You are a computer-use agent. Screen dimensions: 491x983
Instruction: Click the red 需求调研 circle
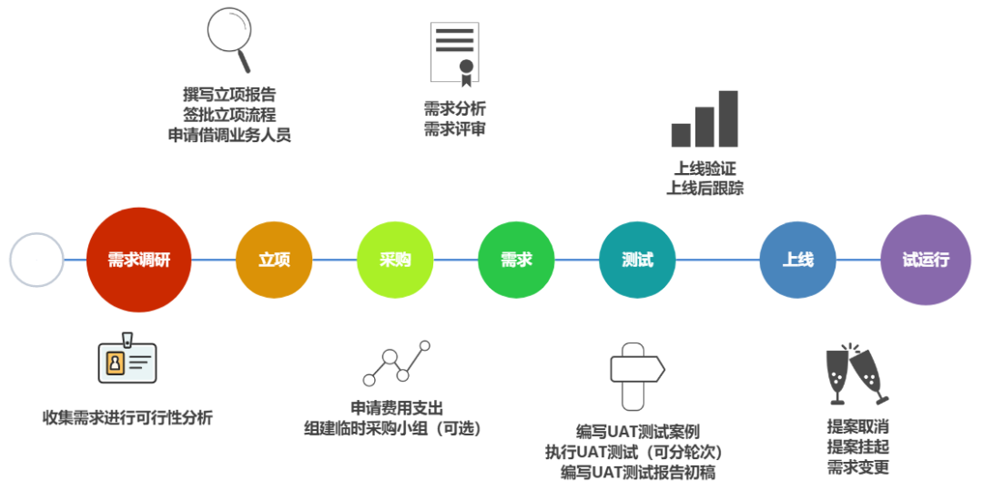click(140, 260)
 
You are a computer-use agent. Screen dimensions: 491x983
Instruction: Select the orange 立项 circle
click(274, 260)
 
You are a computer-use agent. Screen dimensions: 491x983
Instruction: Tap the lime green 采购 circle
click(395, 260)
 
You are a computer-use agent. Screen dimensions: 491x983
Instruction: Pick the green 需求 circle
click(516, 260)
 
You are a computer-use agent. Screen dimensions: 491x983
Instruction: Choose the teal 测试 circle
click(637, 260)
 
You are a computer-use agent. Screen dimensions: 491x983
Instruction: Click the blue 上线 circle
click(797, 260)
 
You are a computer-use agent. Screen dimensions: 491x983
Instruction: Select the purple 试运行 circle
click(926, 260)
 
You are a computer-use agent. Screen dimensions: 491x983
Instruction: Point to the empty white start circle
click(37, 260)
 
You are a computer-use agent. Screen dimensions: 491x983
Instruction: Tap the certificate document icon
click(454, 52)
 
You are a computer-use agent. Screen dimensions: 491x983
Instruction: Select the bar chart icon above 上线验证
click(704, 119)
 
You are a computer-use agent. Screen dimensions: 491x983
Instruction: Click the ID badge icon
click(127, 360)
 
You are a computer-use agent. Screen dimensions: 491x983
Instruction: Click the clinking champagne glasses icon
click(855, 373)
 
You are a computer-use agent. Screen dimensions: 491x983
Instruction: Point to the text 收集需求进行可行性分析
click(127, 418)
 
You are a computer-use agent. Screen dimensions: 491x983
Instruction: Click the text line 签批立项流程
click(229, 114)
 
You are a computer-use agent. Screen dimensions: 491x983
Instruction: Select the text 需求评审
click(454, 129)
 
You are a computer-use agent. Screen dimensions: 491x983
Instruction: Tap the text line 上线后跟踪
click(704, 189)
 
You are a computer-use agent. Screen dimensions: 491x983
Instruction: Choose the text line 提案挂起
click(857, 446)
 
